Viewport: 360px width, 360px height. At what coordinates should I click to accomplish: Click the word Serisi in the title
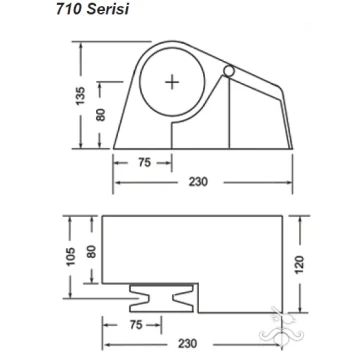pos(107,10)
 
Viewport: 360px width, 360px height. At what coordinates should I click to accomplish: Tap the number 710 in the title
pos(69,10)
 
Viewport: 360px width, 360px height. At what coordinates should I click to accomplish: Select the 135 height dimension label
pos(80,96)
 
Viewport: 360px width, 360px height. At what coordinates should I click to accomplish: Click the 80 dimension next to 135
pos(101,115)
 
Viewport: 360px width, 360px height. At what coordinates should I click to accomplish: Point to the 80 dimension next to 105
pos(91,252)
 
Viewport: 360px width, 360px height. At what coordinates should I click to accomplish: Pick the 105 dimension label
pos(71,257)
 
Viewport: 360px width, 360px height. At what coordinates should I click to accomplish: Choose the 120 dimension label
pos(300,265)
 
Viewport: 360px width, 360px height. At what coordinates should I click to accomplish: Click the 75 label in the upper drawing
pos(144,163)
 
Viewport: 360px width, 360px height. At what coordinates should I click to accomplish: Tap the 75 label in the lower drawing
pos(136,325)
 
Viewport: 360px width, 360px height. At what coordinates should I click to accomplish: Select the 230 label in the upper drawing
pos(198,182)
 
